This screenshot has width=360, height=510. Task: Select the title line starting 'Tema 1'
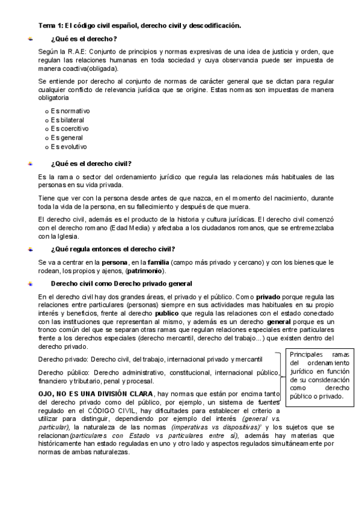click(139, 25)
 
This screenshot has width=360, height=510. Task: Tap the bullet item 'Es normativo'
click(70, 111)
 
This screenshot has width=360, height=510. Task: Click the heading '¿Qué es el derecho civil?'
click(91, 164)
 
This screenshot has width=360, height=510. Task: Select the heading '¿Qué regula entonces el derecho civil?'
click(113, 249)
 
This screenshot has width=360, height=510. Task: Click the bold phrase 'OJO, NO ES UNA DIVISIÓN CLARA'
click(95, 394)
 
